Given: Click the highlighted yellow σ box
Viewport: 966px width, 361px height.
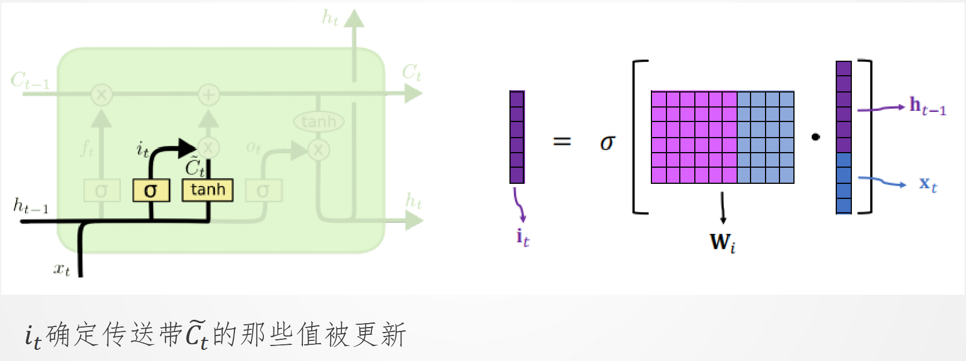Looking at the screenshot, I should click(x=151, y=191).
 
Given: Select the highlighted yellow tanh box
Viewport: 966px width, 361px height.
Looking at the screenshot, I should click(x=208, y=190).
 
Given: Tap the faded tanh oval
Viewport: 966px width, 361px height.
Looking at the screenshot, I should click(x=319, y=121).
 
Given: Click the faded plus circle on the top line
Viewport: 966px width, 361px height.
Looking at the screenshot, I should click(x=209, y=95).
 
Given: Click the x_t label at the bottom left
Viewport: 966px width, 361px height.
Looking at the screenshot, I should click(x=61, y=270).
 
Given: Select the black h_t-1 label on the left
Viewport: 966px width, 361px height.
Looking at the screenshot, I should click(x=31, y=206).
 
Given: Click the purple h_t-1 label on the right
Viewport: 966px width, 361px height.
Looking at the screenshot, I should click(x=927, y=106).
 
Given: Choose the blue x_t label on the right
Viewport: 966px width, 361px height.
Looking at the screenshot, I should click(x=928, y=184).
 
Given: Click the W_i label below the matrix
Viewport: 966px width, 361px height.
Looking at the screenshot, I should click(x=722, y=242).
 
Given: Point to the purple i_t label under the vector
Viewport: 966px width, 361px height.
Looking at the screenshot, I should click(x=522, y=238).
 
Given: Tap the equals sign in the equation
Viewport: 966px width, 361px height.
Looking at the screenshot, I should click(x=562, y=142).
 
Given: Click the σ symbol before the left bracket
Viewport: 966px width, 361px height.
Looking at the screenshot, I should click(x=607, y=143).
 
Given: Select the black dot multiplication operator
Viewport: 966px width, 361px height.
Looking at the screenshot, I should click(x=816, y=136).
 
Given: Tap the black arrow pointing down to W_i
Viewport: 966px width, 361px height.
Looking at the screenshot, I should click(x=723, y=209).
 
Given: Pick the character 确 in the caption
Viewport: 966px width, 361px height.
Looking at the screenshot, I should click(x=58, y=335).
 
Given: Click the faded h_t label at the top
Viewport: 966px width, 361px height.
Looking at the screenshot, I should click(x=330, y=18).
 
